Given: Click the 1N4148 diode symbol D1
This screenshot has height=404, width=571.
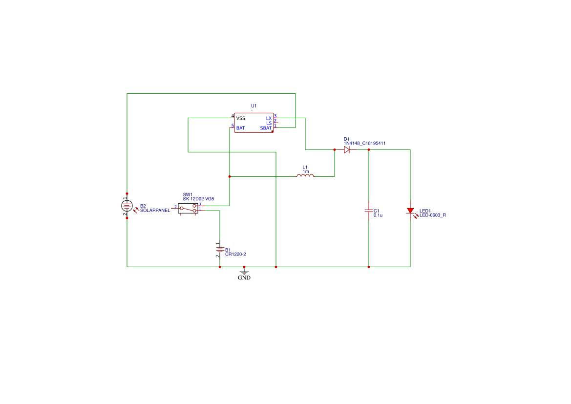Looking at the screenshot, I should [347, 150].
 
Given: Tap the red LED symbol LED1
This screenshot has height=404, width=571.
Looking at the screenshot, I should [410, 211].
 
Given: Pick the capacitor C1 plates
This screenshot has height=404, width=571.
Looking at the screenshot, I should [369, 211].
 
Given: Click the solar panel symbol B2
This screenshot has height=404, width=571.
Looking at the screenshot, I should [127, 206].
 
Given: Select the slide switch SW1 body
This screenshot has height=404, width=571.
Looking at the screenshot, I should [188, 209].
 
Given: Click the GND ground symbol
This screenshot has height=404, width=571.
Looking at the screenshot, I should [244, 273].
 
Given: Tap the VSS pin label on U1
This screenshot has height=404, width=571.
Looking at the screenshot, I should [241, 118].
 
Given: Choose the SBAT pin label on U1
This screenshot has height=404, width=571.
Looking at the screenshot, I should [266, 128].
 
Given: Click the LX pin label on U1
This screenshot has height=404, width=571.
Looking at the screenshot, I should [269, 118].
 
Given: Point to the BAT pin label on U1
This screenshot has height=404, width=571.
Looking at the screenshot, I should [240, 128].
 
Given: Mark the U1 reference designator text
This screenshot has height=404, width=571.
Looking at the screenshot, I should [254, 106].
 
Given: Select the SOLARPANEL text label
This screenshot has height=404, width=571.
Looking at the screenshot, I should [155, 211].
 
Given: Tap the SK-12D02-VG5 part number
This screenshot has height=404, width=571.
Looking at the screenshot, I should [198, 199].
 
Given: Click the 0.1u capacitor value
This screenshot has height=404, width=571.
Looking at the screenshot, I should [378, 215].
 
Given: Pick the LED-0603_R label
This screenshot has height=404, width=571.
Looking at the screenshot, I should [433, 215].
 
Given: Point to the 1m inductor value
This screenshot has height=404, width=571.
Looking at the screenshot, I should [306, 171].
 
